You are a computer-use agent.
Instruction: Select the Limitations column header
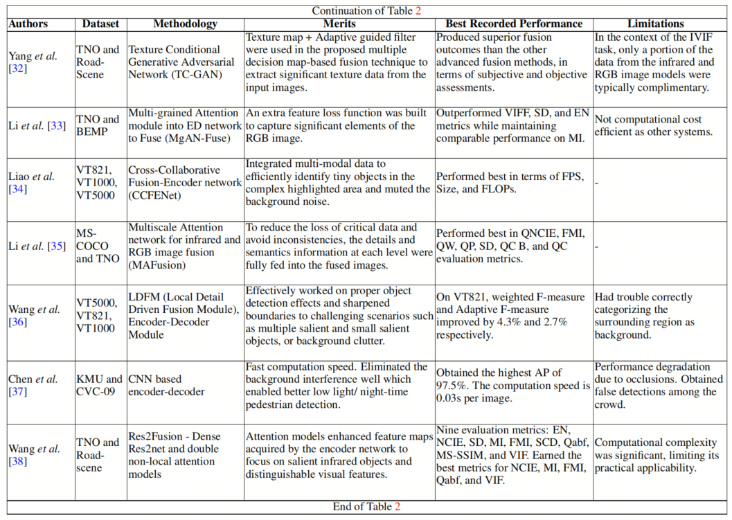[655, 24]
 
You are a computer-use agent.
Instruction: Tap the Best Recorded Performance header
[514, 24]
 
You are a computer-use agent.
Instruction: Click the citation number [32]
[18, 68]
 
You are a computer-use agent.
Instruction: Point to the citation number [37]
[18, 392]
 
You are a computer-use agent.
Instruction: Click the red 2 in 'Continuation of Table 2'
[418, 10]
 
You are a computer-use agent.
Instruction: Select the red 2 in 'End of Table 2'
[398, 506]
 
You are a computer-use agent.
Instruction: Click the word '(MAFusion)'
[157, 265]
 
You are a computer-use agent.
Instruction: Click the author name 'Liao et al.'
[31, 176]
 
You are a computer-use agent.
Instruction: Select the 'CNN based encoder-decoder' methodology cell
[166, 385]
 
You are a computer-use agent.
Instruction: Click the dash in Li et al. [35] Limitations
[596, 246]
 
